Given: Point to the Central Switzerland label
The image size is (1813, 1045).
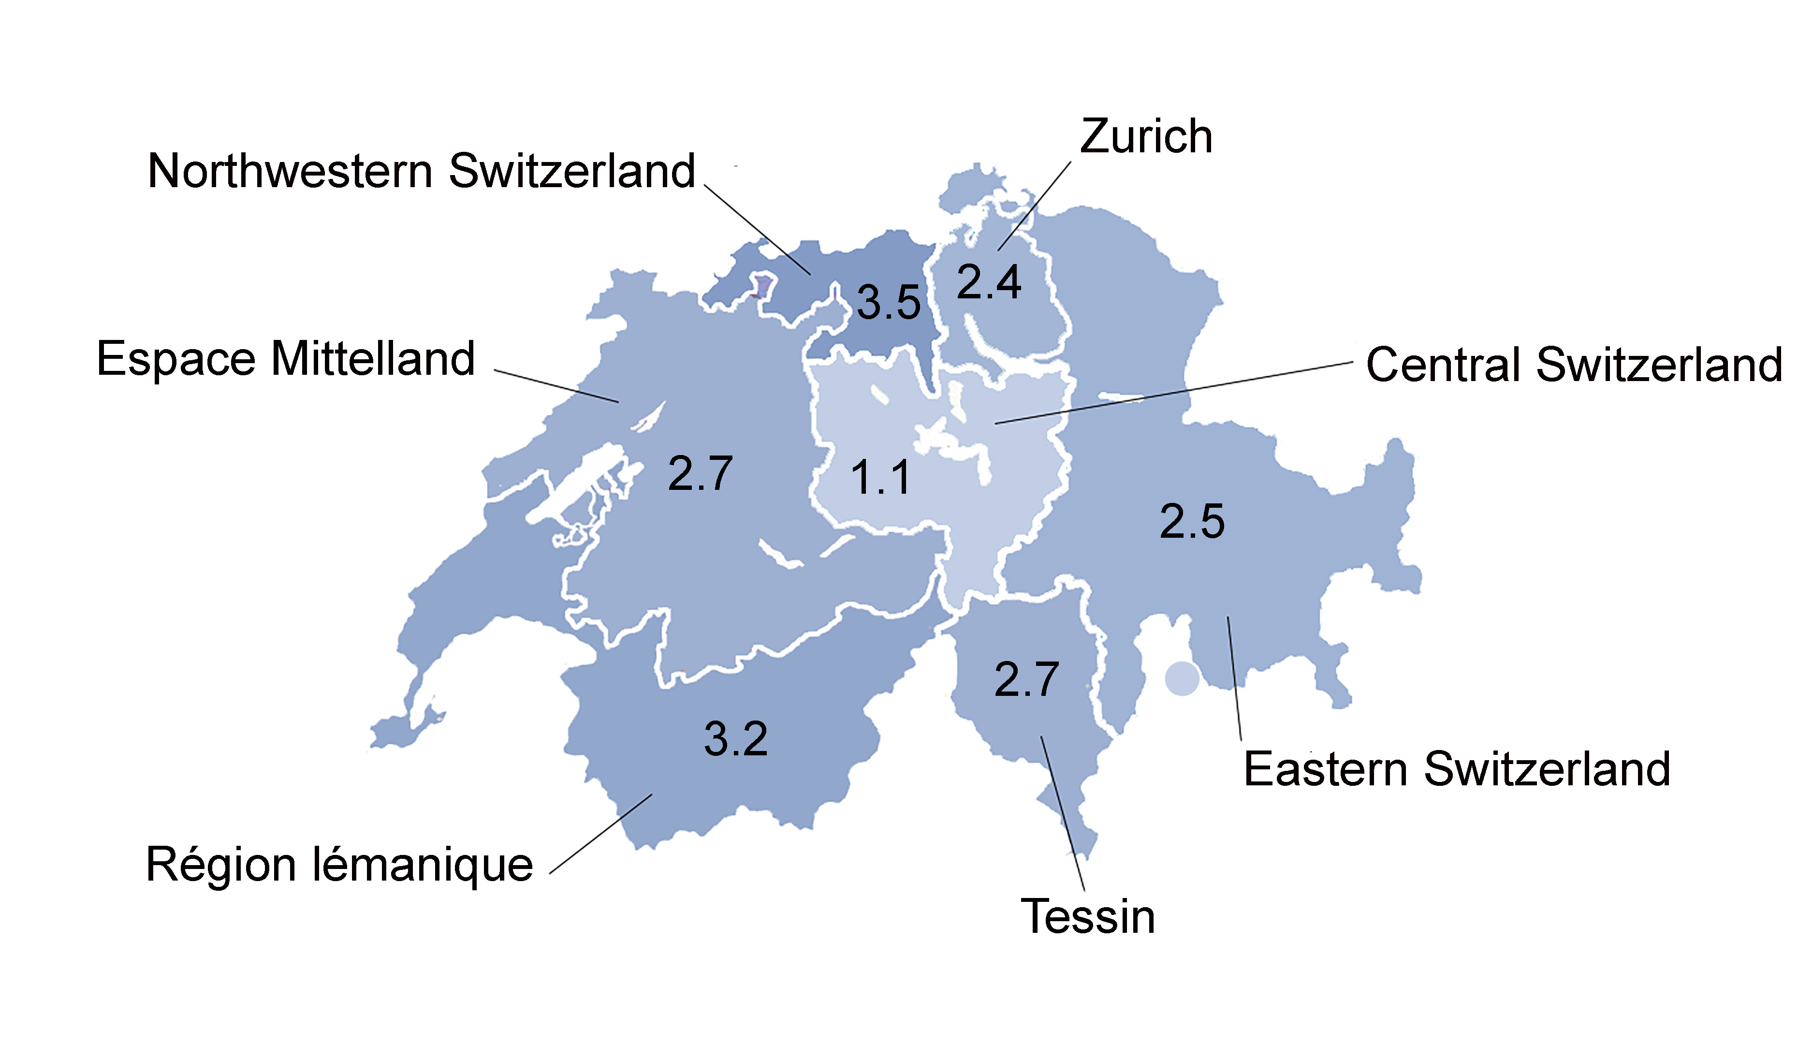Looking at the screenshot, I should pyautogui.click(x=1573, y=365).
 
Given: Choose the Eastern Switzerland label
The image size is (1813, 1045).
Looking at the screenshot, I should pyautogui.click(x=1456, y=769).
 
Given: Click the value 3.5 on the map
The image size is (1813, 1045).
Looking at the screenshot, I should pyautogui.click(x=888, y=302).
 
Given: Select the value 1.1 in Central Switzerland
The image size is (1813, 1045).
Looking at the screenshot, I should pyautogui.click(x=880, y=478).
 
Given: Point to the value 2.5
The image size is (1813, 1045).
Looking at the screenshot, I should pyautogui.click(x=1192, y=521).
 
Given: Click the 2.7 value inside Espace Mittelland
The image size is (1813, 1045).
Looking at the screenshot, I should pyautogui.click(x=700, y=474).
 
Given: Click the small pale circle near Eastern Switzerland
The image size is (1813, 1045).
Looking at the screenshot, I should pyautogui.click(x=1182, y=678).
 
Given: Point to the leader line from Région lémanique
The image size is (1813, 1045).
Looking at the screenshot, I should pyautogui.click(x=600, y=834).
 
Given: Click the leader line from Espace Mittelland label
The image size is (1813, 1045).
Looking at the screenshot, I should pyautogui.click(x=556, y=386).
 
